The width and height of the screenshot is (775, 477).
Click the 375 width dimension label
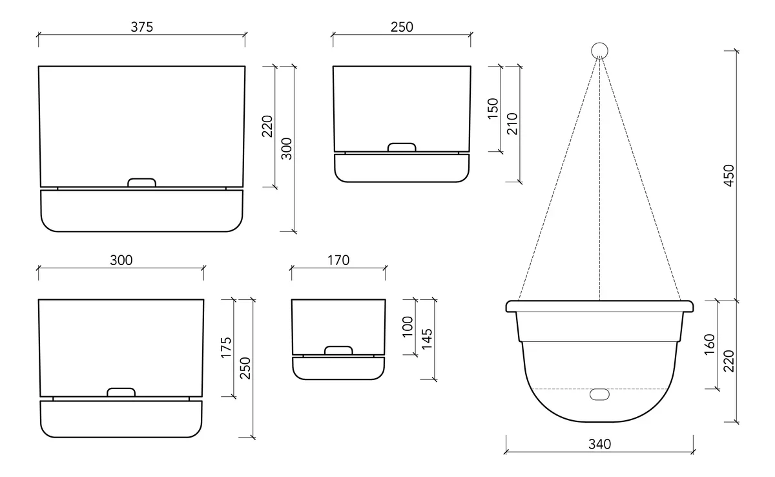(x=141, y=26)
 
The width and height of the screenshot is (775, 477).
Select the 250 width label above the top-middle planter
(x=401, y=26)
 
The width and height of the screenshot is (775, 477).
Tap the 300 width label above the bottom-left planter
(x=121, y=260)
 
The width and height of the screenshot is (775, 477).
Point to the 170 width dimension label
(x=338, y=260)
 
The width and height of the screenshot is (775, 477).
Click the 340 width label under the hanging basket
(x=599, y=444)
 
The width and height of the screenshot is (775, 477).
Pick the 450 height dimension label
(x=729, y=175)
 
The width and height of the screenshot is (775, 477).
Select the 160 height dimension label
(x=709, y=344)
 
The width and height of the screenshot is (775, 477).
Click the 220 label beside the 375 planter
(x=267, y=126)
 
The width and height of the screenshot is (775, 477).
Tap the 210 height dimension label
(x=512, y=123)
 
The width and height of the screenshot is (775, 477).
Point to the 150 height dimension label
(x=493, y=108)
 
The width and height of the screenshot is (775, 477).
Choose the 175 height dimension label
(x=227, y=348)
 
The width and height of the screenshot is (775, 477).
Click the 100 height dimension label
(x=407, y=327)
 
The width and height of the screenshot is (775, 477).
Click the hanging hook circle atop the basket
(x=600, y=50)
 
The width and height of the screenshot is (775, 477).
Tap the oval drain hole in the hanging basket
(x=600, y=394)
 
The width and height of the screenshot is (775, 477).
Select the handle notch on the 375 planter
(x=142, y=183)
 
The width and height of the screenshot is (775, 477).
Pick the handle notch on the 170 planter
(x=338, y=350)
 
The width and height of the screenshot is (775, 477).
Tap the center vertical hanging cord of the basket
(x=600, y=194)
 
